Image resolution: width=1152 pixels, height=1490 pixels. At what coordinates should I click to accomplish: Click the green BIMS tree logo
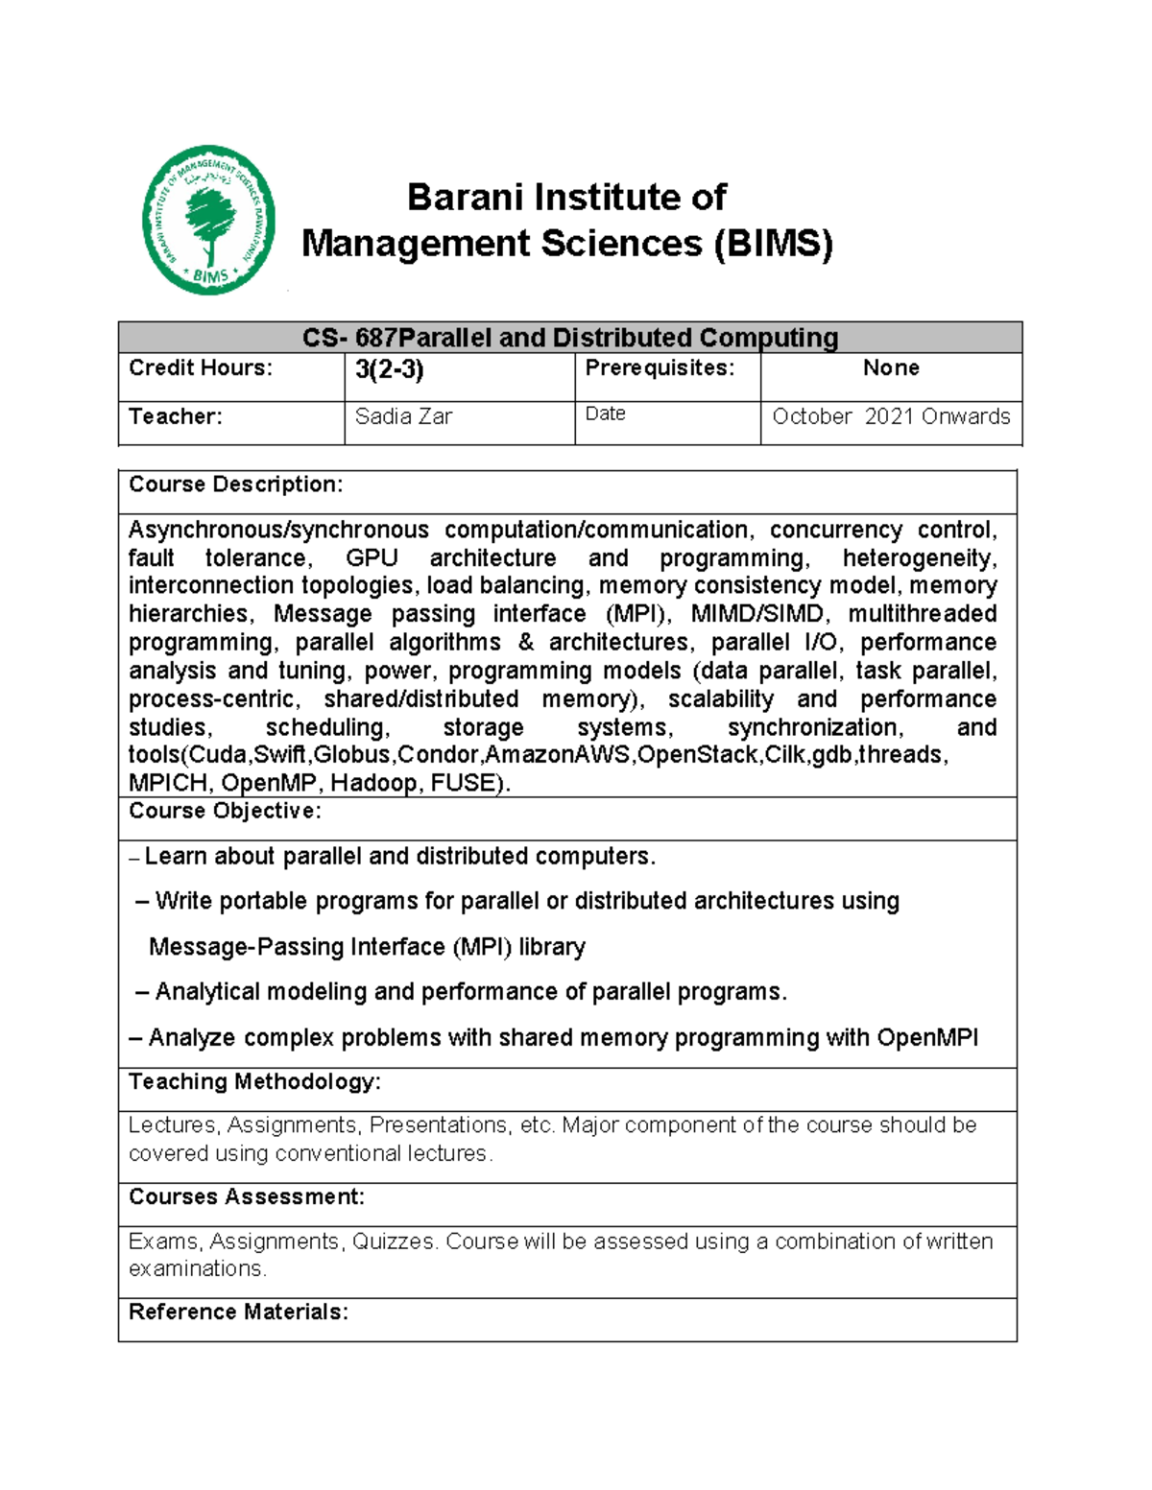point(208,220)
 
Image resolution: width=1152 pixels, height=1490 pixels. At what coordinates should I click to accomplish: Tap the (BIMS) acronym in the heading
point(773,244)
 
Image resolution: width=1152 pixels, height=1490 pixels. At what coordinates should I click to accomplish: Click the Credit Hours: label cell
point(201,368)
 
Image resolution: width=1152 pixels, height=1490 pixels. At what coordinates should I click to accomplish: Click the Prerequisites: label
point(660,368)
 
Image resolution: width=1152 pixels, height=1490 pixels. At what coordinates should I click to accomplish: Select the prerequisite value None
point(890,368)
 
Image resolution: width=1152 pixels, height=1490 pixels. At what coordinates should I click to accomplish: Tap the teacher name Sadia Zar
point(403,417)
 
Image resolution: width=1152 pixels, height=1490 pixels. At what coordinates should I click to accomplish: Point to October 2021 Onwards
point(890,417)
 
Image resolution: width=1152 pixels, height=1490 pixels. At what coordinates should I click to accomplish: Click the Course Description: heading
point(235,485)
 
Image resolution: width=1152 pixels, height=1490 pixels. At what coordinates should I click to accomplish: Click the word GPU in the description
point(371,558)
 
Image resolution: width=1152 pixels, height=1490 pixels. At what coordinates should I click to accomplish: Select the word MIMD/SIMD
point(757,614)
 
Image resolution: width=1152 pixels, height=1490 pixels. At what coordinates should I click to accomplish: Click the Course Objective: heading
point(225,812)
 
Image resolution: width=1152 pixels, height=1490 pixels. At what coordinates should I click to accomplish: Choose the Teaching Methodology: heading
point(254,1082)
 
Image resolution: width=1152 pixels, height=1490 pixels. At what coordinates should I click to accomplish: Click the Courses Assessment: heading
point(246,1197)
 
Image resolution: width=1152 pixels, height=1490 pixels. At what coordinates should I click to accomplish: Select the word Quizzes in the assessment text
point(393,1242)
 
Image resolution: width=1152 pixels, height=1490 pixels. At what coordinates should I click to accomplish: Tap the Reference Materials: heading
point(238,1313)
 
